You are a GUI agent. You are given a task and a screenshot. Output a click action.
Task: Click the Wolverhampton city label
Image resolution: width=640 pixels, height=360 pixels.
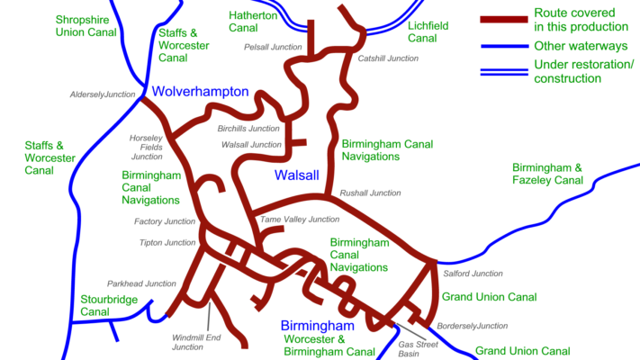[199, 92]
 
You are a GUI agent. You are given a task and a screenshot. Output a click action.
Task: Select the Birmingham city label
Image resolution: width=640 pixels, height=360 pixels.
[316, 325]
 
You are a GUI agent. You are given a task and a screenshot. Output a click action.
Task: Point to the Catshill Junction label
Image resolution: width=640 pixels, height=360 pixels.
[388, 58]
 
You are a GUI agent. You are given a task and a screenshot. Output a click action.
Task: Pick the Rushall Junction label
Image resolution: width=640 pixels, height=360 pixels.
[370, 193]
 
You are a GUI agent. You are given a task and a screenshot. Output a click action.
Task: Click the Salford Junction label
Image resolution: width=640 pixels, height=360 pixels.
[473, 274]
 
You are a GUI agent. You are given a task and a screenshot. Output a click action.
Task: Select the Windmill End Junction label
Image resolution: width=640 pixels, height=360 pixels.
[188, 342]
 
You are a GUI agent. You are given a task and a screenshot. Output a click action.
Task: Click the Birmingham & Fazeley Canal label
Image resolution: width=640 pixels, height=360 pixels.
[547, 174]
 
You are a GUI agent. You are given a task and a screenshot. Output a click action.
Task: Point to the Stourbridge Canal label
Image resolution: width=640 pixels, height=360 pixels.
[107, 305]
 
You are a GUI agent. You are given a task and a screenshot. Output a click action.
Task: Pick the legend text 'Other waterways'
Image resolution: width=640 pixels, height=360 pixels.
[581, 46]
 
